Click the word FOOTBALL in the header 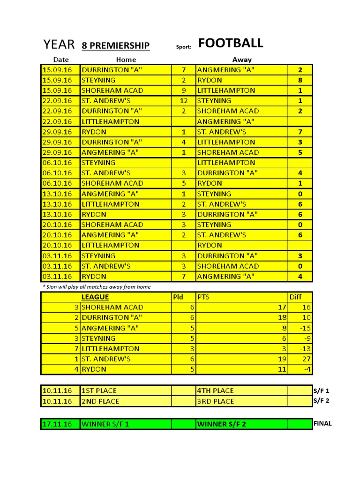pyautogui.click(x=231, y=44)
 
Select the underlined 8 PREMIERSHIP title pyautogui.click(x=116, y=45)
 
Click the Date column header pyautogui.click(x=61, y=60)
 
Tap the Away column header pyautogui.click(x=242, y=60)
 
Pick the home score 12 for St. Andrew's pyautogui.click(x=184, y=101)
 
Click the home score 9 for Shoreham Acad pyautogui.click(x=184, y=90)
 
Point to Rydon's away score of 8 pyautogui.click(x=300, y=80)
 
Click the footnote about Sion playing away pyautogui.click(x=97, y=287)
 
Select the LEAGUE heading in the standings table pyautogui.click(x=95, y=297)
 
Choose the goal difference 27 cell pyautogui.click(x=306, y=359)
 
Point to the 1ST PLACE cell pyautogui.click(x=99, y=390)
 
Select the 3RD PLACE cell pyautogui.click(x=215, y=401)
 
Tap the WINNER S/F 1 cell pyautogui.click(x=105, y=424)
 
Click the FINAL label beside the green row pyautogui.click(x=322, y=423)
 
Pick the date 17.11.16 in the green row pyautogui.click(x=57, y=424)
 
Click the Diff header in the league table pyautogui.click(x=295, y=297)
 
